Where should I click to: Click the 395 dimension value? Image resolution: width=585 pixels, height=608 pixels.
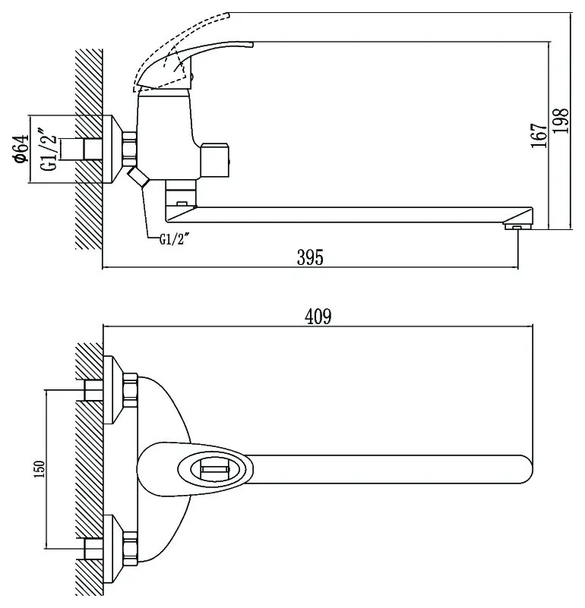(x=310, y=257)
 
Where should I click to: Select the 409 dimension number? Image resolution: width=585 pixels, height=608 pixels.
(x=318, y=317)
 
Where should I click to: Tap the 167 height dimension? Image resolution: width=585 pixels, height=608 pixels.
(x=539, y=135)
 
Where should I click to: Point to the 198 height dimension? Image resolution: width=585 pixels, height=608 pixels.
(x=561, y=121)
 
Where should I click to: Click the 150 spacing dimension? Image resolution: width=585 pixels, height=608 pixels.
(x=40, y=468)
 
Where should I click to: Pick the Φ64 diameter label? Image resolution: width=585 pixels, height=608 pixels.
(x=21, y=149)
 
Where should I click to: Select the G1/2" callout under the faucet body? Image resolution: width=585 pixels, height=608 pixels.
(x=174, y=239)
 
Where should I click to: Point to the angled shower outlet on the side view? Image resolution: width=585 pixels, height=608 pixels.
(x=138, y=176)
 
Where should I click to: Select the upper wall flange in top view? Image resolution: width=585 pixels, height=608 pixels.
(x=113, y=389)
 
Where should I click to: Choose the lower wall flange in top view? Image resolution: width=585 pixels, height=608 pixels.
(x=113, y=550)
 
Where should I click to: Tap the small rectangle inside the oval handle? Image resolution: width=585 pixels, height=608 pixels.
(x=213, y=470)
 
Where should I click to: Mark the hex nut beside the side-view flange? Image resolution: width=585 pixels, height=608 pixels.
(x=129, y=149)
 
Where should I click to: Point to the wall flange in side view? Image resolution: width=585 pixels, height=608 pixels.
(x=112, y=149)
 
